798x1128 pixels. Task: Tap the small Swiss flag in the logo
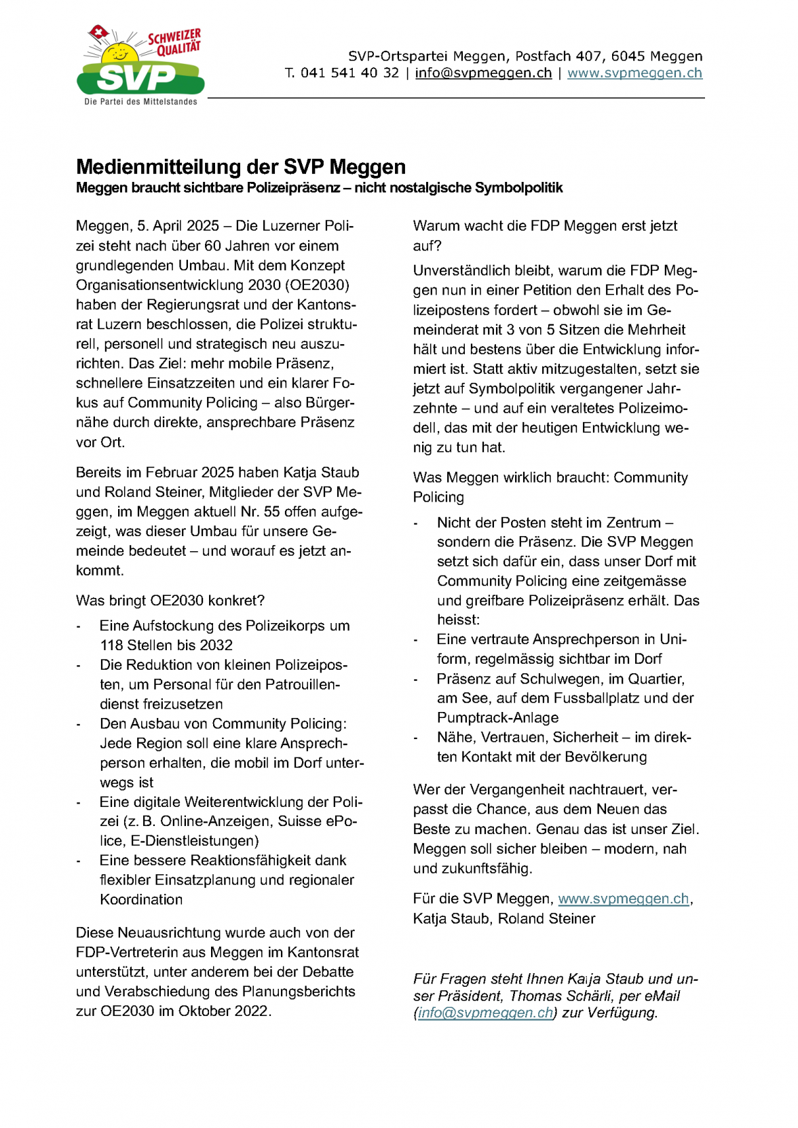pyautogui.click(x=100, y=32)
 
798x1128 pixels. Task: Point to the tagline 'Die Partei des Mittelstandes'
pyautogui.click(x=140, y=102)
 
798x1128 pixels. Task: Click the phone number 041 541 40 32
pyautogui.click(x=349, y=73)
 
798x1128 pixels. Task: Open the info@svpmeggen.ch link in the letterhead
pyautogui.click(x=483, y=73)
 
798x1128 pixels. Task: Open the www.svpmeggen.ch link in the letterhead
pyautogui.click(x=634, y=73)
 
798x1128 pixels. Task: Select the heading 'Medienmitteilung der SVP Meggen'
pyautogui.click(x=241, y=167)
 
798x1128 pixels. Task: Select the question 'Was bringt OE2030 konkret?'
pyautogui.click(x=170, y=601)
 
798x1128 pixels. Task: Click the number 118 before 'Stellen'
pyautogui.click(x=113, y=645)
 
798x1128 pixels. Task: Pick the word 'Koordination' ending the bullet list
pyautogui.click(x=141, y=900)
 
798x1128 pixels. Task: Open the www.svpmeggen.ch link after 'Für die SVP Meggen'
pyautogui.click(x=623, y=899)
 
